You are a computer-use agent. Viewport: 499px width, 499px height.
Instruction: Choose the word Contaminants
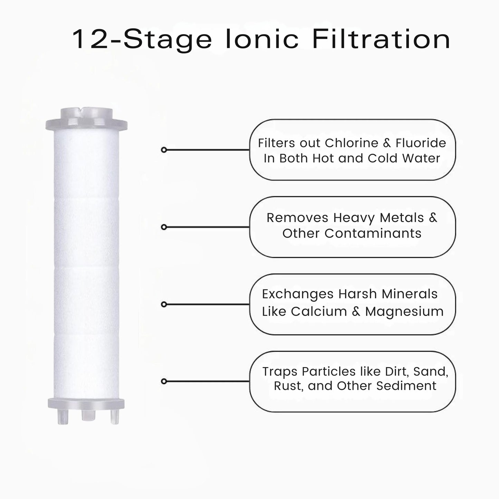click(x=373, y=233)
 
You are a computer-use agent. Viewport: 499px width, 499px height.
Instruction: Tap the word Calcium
click(x=319, y=311)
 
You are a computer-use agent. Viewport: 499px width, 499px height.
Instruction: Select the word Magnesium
click(x=404, y=311)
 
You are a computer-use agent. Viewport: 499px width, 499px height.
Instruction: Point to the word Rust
click(x=287, y=386)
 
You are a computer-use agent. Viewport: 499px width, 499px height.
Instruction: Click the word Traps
click(x=280, y=372)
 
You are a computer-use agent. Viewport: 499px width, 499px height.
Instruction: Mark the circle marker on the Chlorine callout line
click(x=164, y=150)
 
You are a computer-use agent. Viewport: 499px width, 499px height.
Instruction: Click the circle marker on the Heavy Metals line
click(x=164, y=227)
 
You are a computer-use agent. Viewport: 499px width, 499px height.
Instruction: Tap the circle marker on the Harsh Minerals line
click(x=164, y=304)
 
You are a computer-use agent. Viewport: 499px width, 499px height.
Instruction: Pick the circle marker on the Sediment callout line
click(x=164, y=381)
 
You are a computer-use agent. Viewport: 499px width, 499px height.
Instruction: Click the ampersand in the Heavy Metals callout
click(x=433, y=218)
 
